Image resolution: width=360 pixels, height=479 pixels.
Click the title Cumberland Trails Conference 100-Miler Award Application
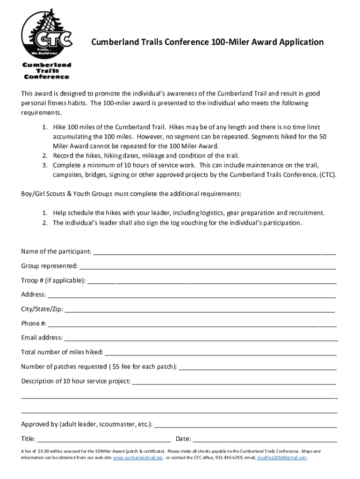click(207, 43)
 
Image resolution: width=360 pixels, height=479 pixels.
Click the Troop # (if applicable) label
click(53, 281)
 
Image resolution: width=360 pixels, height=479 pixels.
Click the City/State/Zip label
click(42, 310)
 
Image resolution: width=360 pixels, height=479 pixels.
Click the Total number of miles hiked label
click(62, 352)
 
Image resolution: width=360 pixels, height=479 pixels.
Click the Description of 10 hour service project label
click(76, 381)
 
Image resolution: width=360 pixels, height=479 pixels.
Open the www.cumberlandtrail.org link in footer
click(138, 457)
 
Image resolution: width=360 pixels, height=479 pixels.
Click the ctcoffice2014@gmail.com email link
click(282, 457)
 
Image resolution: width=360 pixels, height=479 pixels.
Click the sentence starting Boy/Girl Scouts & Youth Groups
click(131, 194)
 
